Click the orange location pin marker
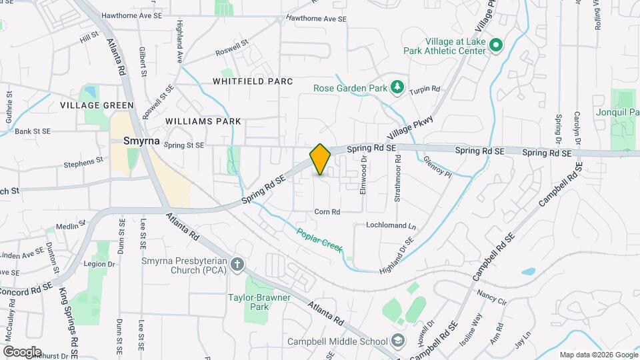(x=320, y=159)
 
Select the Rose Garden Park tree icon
(x=397, y=87)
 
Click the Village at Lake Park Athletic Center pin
(x=495, y=45)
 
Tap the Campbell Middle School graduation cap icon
(x=398, y=341)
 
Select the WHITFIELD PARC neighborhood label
(x=253, y=81)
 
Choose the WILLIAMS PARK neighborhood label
(x=203, y=121)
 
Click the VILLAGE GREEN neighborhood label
(x=97, y=105)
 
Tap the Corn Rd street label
(x=327, y=212)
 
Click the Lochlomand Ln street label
(x=391, y=225)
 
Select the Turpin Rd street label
(x=425, y=89)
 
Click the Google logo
(x=22, y=351)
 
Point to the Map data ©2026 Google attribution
(x=597, y=354)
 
